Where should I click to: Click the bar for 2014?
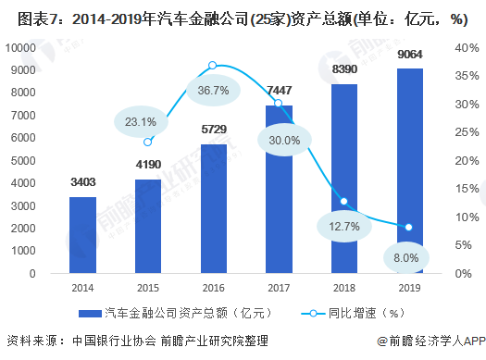82,235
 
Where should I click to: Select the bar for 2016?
213,208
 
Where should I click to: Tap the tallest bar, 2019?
409,170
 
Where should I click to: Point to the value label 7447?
279,90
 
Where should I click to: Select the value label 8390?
343,69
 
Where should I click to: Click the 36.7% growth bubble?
213,90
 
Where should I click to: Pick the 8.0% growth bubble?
407,257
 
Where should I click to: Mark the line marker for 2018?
343,201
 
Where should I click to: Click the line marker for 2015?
148,142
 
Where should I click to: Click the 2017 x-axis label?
279,288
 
